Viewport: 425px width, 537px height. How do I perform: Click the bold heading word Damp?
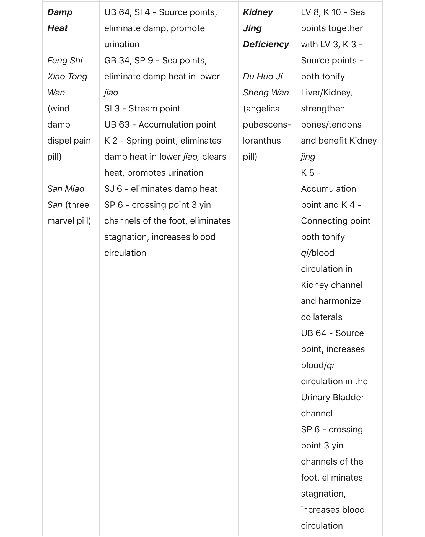[60, 12]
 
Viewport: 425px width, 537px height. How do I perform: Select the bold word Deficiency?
[266, 45]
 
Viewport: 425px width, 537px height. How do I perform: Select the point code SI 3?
[112, 109]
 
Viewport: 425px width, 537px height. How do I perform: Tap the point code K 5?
[307, 173]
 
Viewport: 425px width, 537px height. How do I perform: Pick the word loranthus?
[262, 141]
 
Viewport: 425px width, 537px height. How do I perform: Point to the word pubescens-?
[267, 125]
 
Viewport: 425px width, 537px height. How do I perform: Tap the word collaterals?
[322, 317]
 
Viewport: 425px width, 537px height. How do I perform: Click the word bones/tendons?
[331, 125]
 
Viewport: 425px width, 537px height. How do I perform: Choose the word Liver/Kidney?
[326, 93]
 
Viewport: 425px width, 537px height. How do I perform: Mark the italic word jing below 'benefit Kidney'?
[308, 157]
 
